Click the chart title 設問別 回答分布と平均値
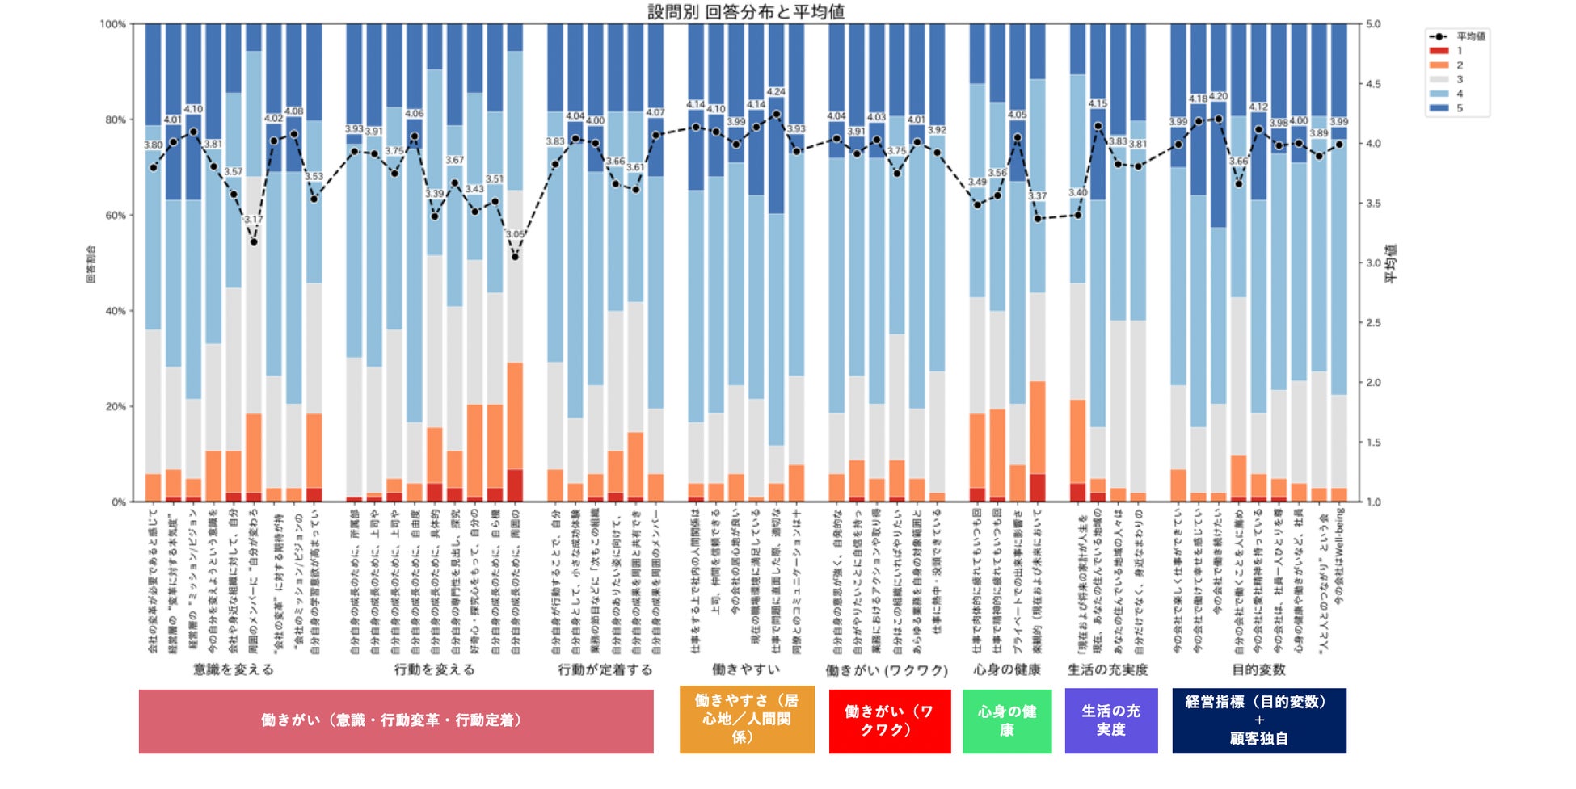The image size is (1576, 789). click(746, 11)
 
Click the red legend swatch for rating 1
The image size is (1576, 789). click(1439, 51)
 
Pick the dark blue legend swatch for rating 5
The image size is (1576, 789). click(1439, 108)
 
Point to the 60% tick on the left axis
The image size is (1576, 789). click(116, 216)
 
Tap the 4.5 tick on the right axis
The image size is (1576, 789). click(1373, 84)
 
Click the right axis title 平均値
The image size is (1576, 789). click(1391, 263)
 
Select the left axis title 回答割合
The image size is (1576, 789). click(91, 263)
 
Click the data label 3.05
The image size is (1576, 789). click(515, 234)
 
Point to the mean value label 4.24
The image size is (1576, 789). click(776, 92)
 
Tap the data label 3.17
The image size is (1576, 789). click(254, 220)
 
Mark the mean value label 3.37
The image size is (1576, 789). click(1037, 196)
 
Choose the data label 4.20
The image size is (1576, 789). click(1218, 97)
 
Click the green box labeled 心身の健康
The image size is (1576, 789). click(1006, 720)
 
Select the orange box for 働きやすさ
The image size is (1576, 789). click(746, 719)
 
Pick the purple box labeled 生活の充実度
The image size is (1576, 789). click(1110, 720)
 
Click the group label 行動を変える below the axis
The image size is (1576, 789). click(434, 669)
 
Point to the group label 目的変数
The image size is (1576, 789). click(1258, 669)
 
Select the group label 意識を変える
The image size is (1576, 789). click(233, 669)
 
